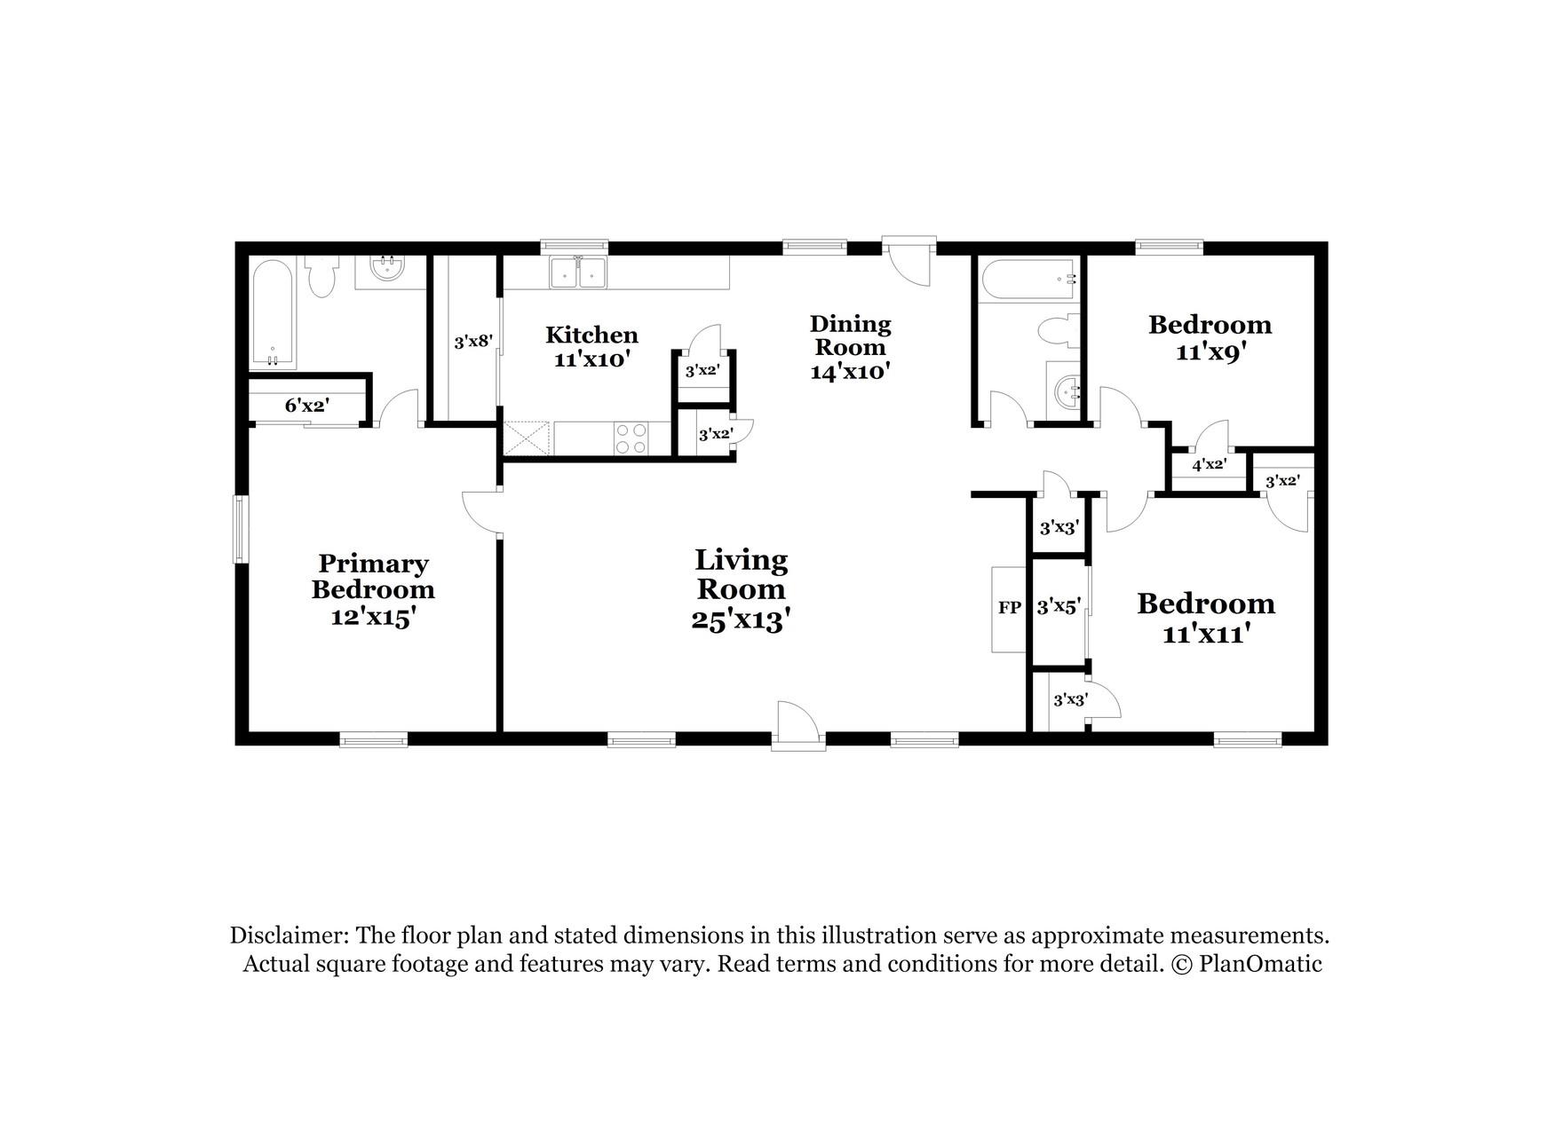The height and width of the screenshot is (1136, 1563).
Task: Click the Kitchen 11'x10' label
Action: click(x=591, y=347)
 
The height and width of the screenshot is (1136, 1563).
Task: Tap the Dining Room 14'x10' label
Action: click(x=850, y=347)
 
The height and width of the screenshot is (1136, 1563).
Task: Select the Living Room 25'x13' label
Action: click(x=741, y=589)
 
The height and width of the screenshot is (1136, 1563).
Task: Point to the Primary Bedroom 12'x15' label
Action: click(x=373, y=589)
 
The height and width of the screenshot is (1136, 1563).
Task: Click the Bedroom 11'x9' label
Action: click(x=1210, y=337)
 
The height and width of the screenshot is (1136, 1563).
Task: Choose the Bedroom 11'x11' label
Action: click(x=1206, y=618)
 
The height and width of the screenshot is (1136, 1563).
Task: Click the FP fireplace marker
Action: click(x=1009, y=608)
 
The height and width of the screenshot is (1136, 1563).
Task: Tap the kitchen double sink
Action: click(x=577, y=272)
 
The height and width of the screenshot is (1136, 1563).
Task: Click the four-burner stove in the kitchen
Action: click(x=631, y=438)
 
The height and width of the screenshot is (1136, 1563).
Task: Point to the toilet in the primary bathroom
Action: click(x=321, y=278)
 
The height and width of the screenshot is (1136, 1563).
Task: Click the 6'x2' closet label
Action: click(x=307, y=406)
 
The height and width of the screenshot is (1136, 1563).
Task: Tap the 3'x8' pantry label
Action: click(x=472, y=341)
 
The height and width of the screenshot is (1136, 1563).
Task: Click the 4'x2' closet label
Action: click(x=1209, y=464)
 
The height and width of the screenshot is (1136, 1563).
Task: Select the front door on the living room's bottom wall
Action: click(x=796, y=726)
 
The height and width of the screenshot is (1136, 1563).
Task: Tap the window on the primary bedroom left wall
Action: click(x=240, y=529)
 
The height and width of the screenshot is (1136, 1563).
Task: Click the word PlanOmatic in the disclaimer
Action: click(x=1260, y=965)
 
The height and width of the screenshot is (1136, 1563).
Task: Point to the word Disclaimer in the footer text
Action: click(x=288, y=935)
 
